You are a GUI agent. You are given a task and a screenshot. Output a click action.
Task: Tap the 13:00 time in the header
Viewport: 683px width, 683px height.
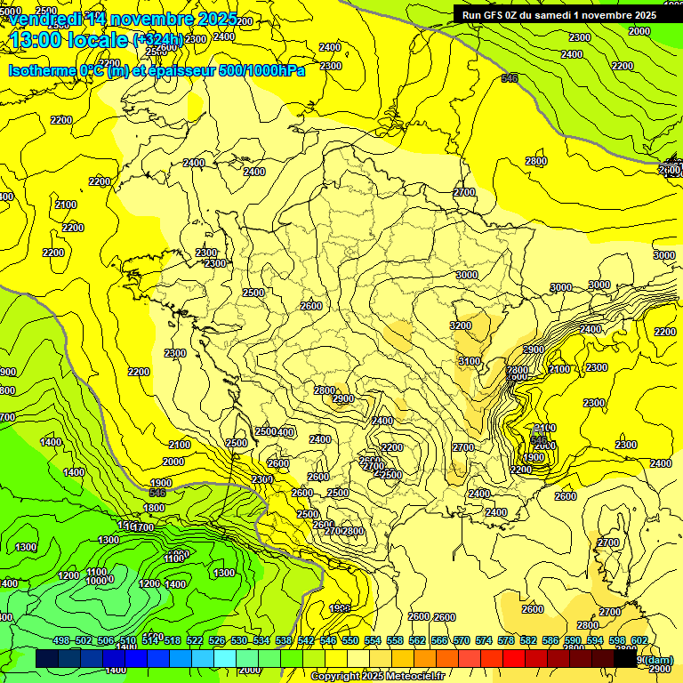tap(36, 40)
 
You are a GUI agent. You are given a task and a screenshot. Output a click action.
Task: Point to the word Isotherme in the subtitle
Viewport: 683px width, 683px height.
tap(41, 70)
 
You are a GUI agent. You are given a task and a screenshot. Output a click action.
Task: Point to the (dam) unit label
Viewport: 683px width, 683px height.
tap(657, 661)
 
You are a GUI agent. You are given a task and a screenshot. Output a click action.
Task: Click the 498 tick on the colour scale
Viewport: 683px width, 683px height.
tap(61, 640)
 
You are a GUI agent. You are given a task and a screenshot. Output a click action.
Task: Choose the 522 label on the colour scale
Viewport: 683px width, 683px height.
tap(195, 640)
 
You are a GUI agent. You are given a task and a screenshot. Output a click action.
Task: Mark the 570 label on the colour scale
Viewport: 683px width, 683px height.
tap(462, 640)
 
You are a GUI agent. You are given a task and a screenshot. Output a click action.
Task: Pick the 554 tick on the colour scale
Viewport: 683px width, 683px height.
tap(373, 640)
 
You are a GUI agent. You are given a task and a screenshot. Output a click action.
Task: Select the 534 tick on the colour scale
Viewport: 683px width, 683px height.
tap(261, 640)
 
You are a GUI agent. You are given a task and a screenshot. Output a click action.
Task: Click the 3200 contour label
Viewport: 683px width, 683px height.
tap(461, 325)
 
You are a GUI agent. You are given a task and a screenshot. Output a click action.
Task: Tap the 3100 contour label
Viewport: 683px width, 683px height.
tap(469, 361)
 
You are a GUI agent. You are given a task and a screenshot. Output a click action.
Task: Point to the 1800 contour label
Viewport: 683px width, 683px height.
tap(155, 508)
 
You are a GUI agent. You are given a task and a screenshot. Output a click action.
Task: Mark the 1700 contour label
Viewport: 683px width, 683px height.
tap(142, 527)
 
